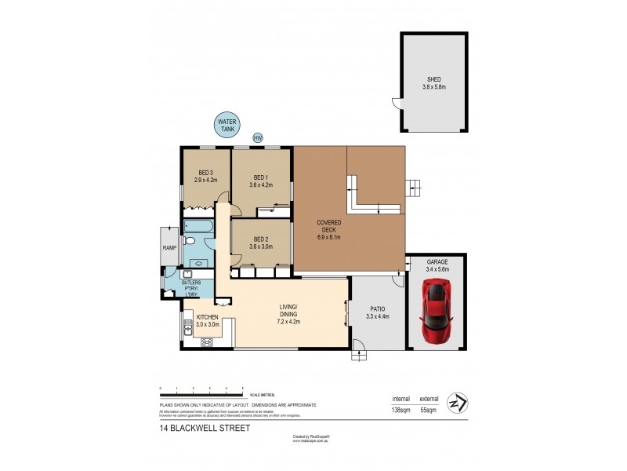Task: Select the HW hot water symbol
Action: point(258,138)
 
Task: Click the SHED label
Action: point(433,80)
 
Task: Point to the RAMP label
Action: point(169,247)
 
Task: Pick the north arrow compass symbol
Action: point(456,403)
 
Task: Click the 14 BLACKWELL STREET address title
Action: point(203,428)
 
